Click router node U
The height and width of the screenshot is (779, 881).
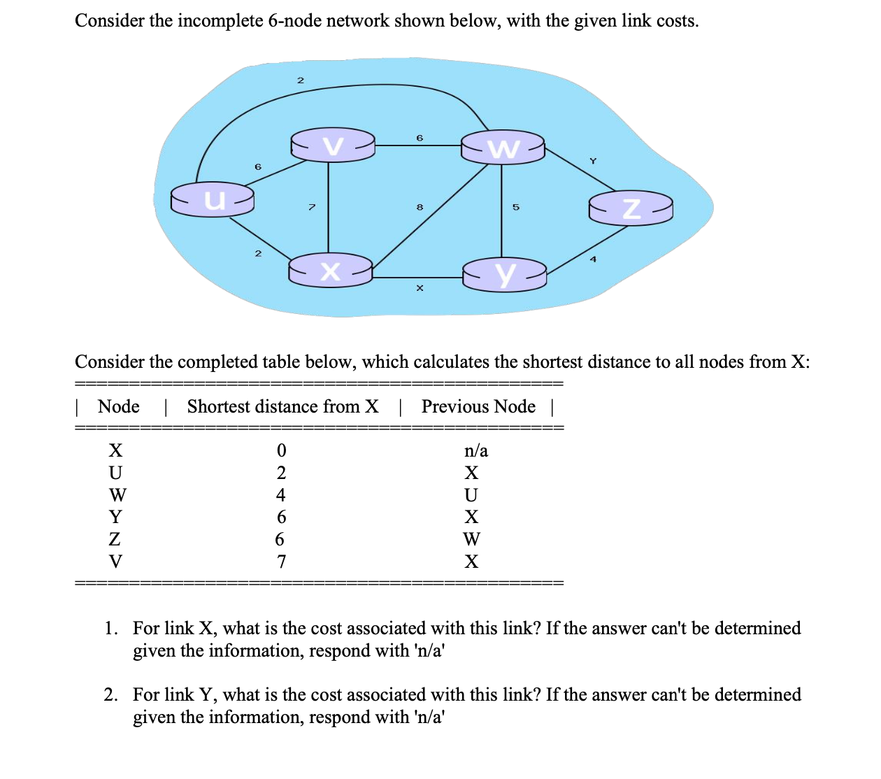213,199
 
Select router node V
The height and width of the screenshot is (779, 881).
333,145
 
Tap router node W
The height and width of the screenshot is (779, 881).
503,148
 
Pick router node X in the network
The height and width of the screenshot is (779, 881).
331,271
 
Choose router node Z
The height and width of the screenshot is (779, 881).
631,208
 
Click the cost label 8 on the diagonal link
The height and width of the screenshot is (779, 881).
420,207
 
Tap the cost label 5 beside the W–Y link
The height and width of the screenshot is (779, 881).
516,207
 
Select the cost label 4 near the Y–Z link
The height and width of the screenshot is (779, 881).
593,259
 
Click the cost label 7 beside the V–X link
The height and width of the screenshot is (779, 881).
312,207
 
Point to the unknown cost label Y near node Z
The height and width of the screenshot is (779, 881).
593,162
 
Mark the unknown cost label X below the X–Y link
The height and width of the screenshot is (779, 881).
420,288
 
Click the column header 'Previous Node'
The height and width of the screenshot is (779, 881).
478,406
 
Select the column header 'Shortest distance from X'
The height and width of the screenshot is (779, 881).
282,406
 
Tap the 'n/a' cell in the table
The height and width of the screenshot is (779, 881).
475,451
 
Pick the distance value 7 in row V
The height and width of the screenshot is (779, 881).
281,562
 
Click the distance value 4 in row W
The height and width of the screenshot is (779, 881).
281,495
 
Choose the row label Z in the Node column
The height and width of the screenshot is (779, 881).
115,539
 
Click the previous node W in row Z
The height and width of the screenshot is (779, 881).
472,539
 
